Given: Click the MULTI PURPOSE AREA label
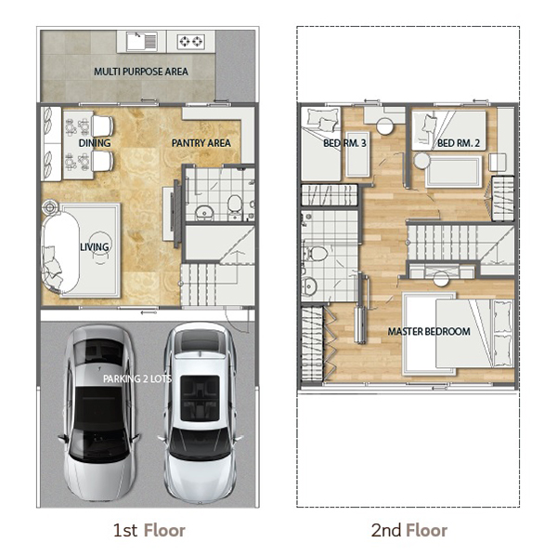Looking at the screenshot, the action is tap(141, 72).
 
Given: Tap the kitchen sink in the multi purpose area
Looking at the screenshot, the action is tap(142, 41).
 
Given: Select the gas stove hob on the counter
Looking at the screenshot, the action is tap(190, 42).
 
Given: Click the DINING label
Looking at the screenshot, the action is tap(95, 143).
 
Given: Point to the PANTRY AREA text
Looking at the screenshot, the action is tap(201, 143).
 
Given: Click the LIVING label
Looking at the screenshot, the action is tap(95, 247).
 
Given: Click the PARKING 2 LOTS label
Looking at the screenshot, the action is tap(137, 378).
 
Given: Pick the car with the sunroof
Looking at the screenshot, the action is tap(200, 413).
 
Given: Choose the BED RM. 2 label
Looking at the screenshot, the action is tap(459, 143).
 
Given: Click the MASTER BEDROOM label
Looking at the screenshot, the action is tap(429, 332).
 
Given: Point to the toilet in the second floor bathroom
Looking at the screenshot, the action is tap(317, 254).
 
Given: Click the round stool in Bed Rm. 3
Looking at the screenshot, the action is tap(385, 126).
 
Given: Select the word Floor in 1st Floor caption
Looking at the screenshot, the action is tap(164, 530).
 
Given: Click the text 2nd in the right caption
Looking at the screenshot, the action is tap(386, 530).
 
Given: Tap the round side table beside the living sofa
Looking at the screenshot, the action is tap(50, 206).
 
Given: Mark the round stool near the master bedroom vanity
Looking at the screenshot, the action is tap(441, 279).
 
